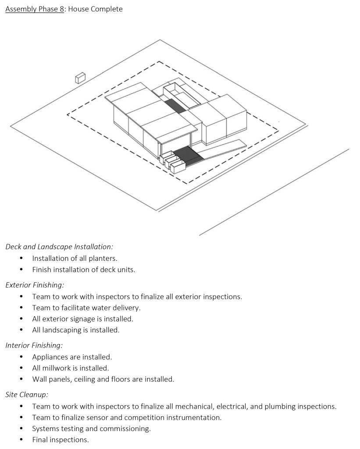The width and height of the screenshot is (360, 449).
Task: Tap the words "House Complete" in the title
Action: tap(95, 9)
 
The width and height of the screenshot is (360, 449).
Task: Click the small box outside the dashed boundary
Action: tap(80, 78)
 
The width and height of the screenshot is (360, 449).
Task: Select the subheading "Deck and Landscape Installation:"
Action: tap(59, 247)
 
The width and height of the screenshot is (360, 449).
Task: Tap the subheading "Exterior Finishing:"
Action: tap(35, 285)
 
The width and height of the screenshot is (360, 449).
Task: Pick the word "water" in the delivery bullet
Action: tap(100, 308)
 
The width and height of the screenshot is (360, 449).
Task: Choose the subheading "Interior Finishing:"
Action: tap(34, 346)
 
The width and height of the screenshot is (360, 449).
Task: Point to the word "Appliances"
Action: tap(50, 357)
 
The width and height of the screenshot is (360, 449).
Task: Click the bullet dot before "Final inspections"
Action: tap(21, 439)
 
